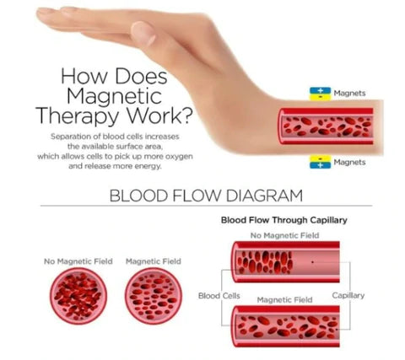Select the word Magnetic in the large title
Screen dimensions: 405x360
114,96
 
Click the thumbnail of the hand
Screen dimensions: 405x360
143,33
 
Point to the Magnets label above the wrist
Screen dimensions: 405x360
349,93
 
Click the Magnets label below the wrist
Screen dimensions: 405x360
349,162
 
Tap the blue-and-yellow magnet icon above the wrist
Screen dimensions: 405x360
321,94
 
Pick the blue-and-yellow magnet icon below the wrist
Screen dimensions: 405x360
321,162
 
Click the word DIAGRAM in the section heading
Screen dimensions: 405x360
264,196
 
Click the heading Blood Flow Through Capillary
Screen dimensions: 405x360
284,220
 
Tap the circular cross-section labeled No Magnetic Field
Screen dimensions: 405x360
78,296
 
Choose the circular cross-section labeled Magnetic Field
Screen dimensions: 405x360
154,296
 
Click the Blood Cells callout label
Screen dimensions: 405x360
219,296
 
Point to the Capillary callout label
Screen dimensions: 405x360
348,296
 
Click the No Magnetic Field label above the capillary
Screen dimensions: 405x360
284,235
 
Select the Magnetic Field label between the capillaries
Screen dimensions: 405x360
284,300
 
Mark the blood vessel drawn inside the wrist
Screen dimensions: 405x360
326,126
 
